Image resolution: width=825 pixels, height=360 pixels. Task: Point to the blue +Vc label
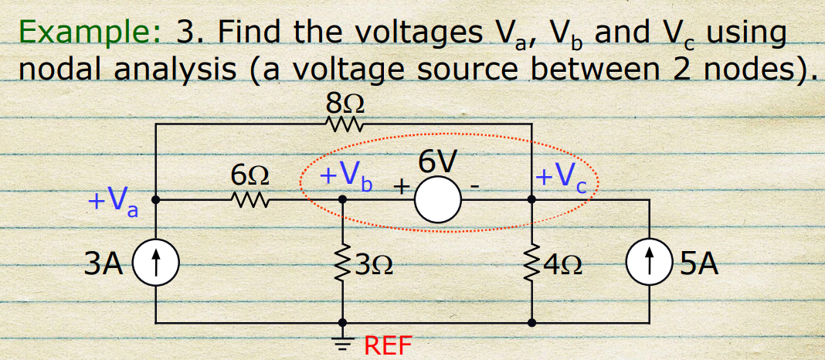click(x=562, y=177)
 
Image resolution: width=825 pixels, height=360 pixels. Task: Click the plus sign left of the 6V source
click(x=401, y=188)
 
